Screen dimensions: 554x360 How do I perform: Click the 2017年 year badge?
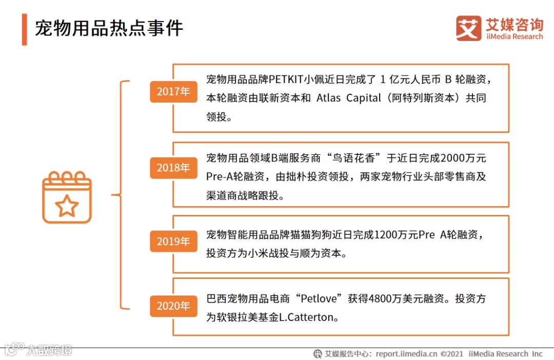point(173,91)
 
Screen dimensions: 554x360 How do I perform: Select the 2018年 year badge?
point(173,168)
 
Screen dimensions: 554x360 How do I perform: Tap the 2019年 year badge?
point(173,241)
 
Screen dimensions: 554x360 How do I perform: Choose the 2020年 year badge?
point(173,306)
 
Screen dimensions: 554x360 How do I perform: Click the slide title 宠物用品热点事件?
point(109,28)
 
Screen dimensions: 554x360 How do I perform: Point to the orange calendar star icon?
point(67,197)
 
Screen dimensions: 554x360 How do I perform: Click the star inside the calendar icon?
point(67,206)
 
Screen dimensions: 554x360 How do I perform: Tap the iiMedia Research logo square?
point(468,28)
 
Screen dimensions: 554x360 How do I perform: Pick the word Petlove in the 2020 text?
point(321,299)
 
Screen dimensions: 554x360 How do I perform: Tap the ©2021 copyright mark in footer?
point(452,353)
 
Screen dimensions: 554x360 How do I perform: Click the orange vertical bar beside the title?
point(24,29)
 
